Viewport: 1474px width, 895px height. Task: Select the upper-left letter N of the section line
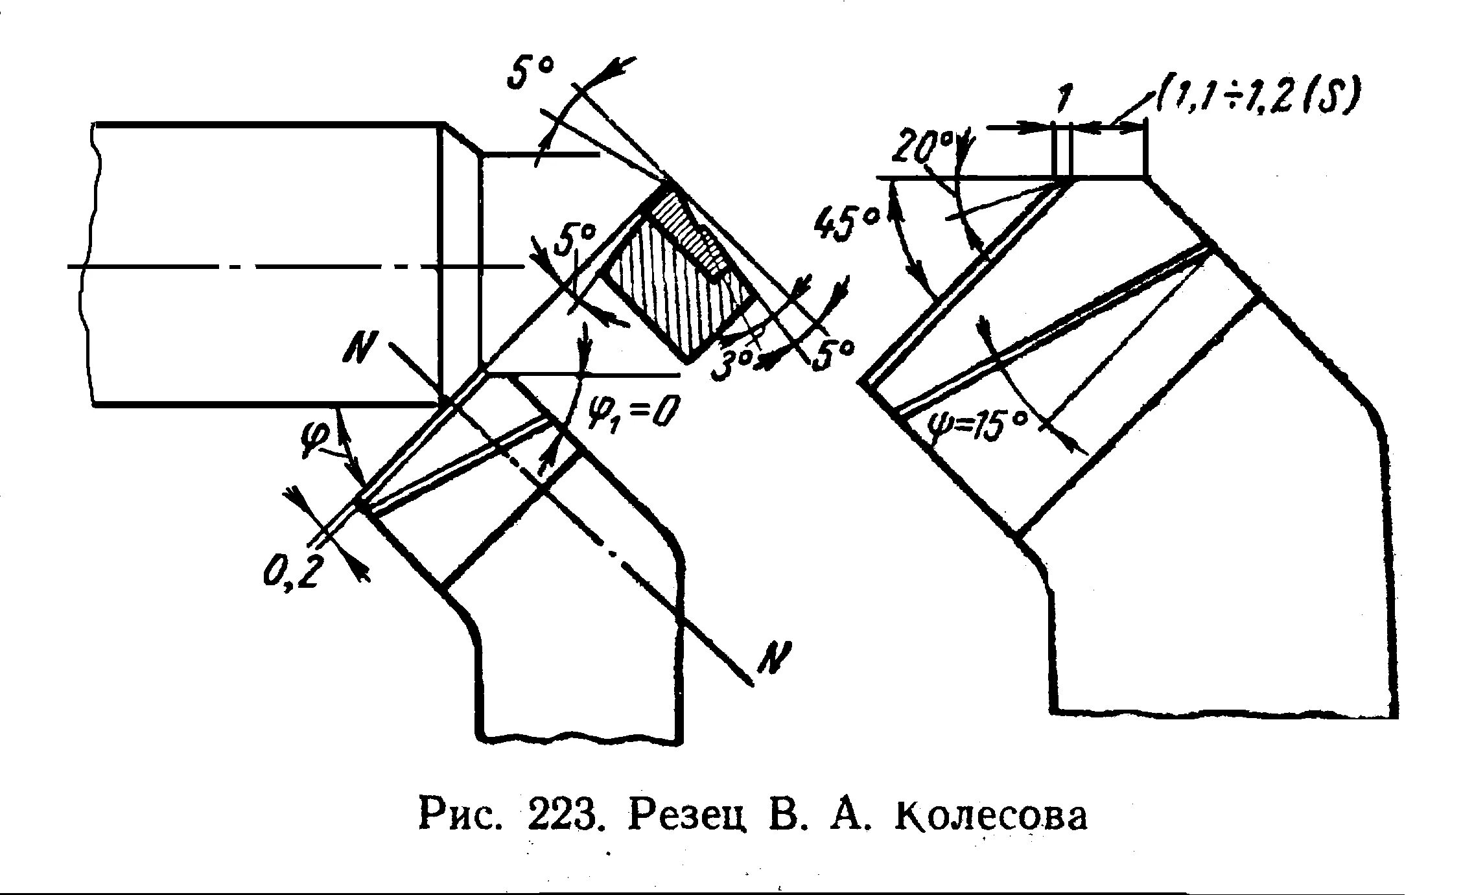click(x=360, y=351)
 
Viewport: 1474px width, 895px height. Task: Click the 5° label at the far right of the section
click(x=830, y=353)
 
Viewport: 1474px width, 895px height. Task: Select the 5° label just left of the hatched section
click(x=574, y=243)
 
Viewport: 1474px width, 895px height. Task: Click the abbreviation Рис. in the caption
click(x=461, y=816)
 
